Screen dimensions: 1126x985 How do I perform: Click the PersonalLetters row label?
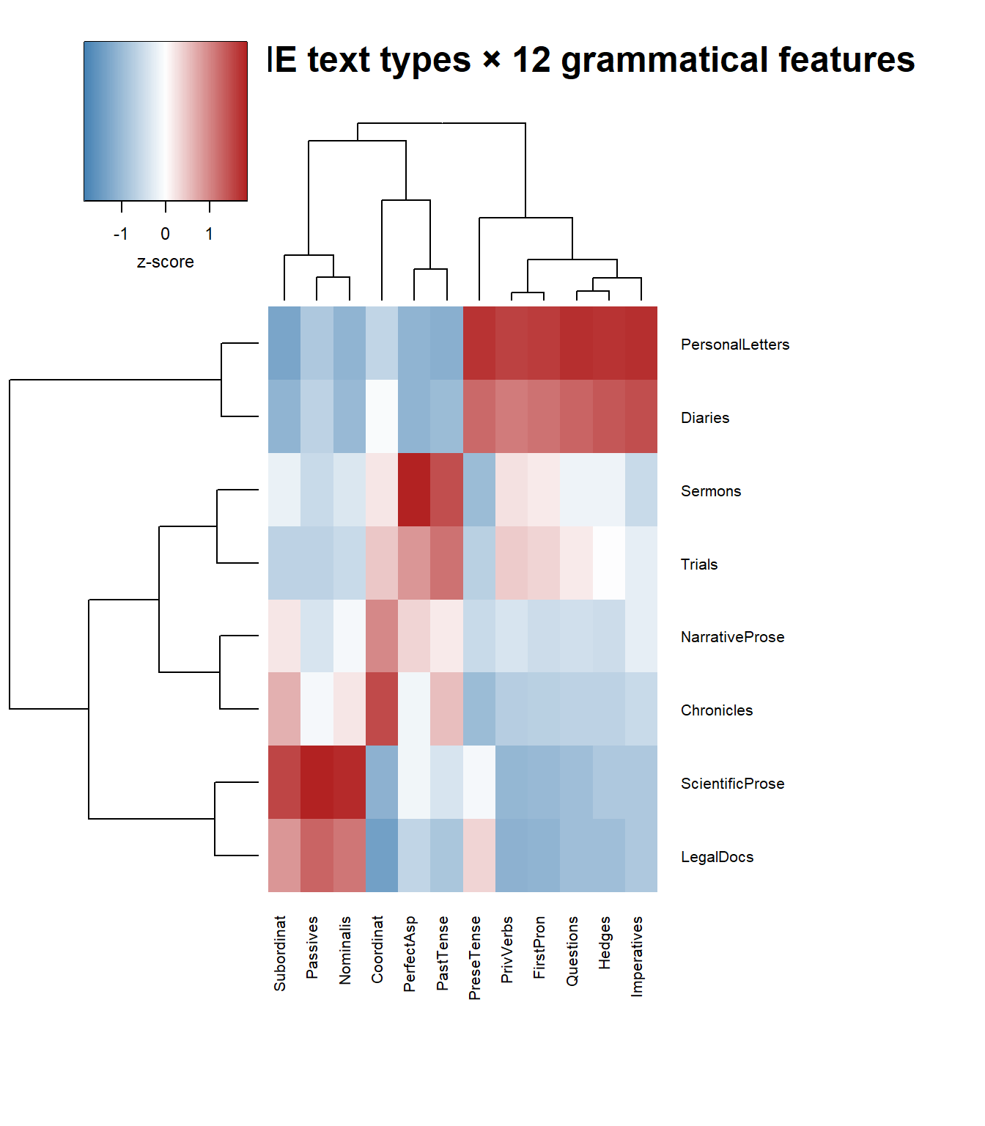tap(734, 345)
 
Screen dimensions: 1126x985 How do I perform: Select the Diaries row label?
tap(704, 418)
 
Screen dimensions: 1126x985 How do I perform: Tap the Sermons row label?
tap(710, 491)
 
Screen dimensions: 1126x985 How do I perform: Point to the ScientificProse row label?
tap(732, 784)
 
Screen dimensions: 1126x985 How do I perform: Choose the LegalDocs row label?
tap(717, 857)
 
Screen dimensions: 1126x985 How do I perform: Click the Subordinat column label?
tap(280, 953)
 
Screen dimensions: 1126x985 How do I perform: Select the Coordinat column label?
tap(377, 949)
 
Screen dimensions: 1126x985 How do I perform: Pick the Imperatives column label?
tap(637, 956)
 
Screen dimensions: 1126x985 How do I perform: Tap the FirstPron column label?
tap(539, 947)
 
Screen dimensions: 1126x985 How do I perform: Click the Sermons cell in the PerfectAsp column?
tap(414, 490)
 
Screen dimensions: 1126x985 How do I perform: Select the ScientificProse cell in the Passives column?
tap(317, 782)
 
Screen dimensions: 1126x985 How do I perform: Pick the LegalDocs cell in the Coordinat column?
tap(382, 855)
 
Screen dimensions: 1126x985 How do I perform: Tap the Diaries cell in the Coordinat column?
tap(382, 416)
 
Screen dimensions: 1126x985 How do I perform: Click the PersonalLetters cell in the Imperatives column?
tap(641, 343)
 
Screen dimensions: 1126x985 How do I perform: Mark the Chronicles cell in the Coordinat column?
tap(382, 709)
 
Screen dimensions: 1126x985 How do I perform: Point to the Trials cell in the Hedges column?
tap(609, 563)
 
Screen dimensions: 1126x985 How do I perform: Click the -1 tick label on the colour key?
tap(121, 234)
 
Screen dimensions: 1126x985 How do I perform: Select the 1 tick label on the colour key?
tap(210, 234)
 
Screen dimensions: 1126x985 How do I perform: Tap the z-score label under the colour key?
tap(166, 262)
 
